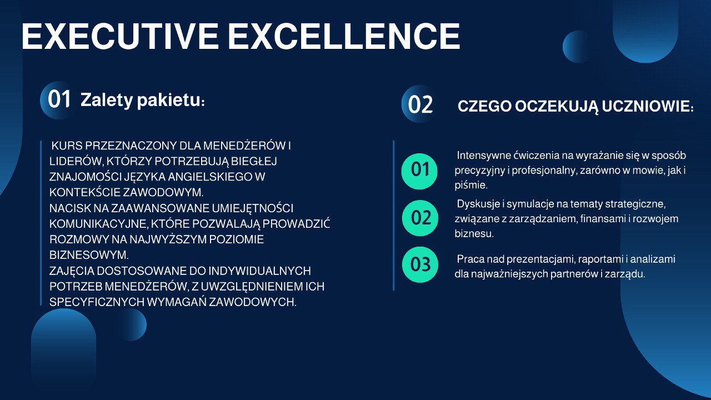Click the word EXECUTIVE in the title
pyautogui.click(x=120, y=36)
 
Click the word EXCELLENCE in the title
pyautogui.click(x=344, y=36)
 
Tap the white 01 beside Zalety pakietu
pyautogui.click(x=59, y=99)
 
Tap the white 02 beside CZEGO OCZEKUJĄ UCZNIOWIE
pyautogui.click(x=420, y=104)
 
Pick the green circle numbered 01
pyautogui.click(x=419, y=171)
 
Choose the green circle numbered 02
pyautogui.click(x=420, y=218)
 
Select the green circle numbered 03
pyautogui.click(x=420, y=264)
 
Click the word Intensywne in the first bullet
pyautogui.click(x=483, y=156)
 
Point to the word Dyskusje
pyautogui.click(x=478, y=204)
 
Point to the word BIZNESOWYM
pyautogui.click(x=88, y=255)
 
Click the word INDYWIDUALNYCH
pyautogui.click(x=259, y=271)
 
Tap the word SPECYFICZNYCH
pyautogui.click(x=97, y=302)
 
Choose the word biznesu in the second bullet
pyautogui.click(x=474, y=234)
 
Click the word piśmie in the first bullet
pyautogui.click(x=470, y=186)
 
